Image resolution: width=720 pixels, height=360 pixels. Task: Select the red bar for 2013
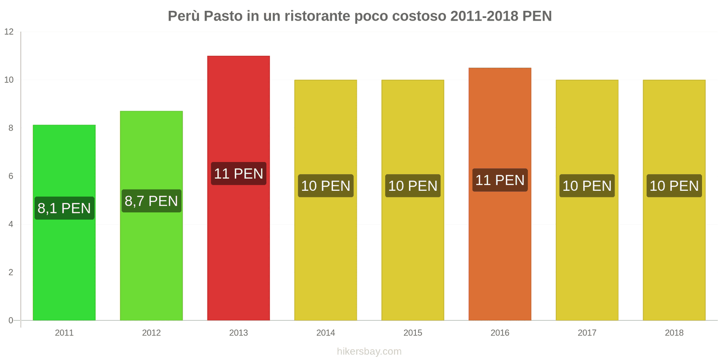(238, 252)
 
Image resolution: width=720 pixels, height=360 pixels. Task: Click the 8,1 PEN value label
(64, 208)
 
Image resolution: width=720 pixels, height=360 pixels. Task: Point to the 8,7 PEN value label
(151, 201)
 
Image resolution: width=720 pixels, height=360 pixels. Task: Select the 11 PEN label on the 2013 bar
(238, 174)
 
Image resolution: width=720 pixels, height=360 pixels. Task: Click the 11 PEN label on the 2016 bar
(500, 180)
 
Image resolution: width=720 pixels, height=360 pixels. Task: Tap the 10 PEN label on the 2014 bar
(326, 186)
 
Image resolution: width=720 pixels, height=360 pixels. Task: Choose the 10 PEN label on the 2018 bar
(674, 186)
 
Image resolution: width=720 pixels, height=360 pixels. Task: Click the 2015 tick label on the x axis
(413, 333)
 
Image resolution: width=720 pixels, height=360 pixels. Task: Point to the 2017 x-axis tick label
(587, 333)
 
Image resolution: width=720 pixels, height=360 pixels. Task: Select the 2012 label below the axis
(151, 333)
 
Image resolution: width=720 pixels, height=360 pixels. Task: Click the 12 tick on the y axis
(9, 32)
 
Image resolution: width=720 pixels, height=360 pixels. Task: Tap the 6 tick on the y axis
(11, 176)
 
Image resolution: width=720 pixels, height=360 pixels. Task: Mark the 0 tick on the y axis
(11, 321)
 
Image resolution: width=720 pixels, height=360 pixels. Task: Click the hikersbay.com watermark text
(369, 351)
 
